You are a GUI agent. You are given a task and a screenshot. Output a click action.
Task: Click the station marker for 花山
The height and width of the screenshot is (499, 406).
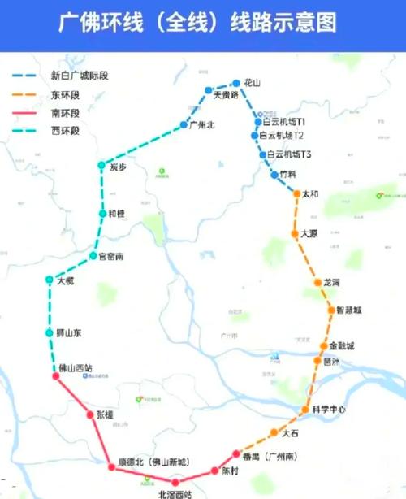[x=237, y=83]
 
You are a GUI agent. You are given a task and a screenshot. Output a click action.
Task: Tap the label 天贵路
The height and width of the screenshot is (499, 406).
[x=226, y=95]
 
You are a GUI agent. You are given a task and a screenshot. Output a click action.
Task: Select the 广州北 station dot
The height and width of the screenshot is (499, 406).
[x=185, y=125]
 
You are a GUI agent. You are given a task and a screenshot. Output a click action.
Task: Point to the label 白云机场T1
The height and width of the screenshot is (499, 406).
[x=283, y=121]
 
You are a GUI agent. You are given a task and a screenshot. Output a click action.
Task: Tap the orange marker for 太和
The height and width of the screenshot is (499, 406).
[x=297, y=194]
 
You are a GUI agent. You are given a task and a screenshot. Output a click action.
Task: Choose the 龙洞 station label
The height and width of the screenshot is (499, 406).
[x=332, y=282]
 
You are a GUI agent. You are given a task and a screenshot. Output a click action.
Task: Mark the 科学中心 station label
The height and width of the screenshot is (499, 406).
[x=330, y=410]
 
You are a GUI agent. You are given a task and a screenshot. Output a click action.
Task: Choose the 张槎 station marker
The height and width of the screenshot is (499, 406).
[x=91, y=414]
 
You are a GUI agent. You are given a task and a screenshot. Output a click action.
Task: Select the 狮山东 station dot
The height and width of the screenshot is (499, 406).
[x=50, y=333]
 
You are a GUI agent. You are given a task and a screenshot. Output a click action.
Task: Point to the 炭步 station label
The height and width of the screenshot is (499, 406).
[x=119, y=167]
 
